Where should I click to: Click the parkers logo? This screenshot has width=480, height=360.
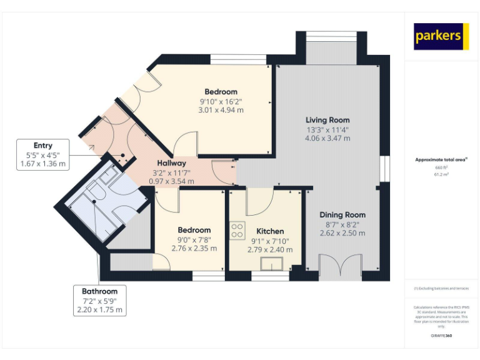click(441, 36)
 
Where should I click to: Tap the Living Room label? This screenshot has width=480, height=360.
click(327, 120)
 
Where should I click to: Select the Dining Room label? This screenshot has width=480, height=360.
click(342, 214)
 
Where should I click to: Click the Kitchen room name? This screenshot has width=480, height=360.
click(270, 231)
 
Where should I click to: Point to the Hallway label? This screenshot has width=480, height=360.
click(171, 162)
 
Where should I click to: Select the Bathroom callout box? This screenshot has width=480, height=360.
click(99, 301)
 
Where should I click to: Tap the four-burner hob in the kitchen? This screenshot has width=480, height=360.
click(237, 230)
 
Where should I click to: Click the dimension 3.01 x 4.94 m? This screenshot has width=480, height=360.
click(221, 110)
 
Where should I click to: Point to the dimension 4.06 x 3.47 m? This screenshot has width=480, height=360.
click(327, 138)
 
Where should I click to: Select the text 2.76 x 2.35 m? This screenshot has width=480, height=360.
click(194, 248)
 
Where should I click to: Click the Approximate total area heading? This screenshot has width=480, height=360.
click(441, 160)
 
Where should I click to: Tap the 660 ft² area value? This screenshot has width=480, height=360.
click(441, 168)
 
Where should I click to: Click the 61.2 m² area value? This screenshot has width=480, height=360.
click(441, 175)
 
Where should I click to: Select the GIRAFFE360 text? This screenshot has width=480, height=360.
click(441, 336)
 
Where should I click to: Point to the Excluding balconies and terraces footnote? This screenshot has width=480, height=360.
click(441, 289)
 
